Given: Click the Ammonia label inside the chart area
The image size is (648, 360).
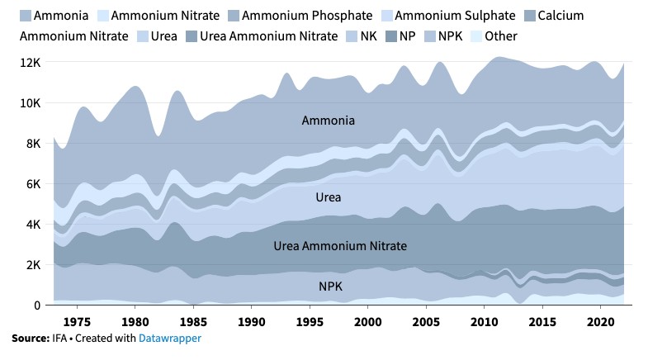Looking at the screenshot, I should [x=329, y=121].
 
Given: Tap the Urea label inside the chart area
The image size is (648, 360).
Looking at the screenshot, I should [x=329, y=197].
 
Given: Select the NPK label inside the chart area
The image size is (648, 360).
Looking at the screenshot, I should [x=331, y=287].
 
